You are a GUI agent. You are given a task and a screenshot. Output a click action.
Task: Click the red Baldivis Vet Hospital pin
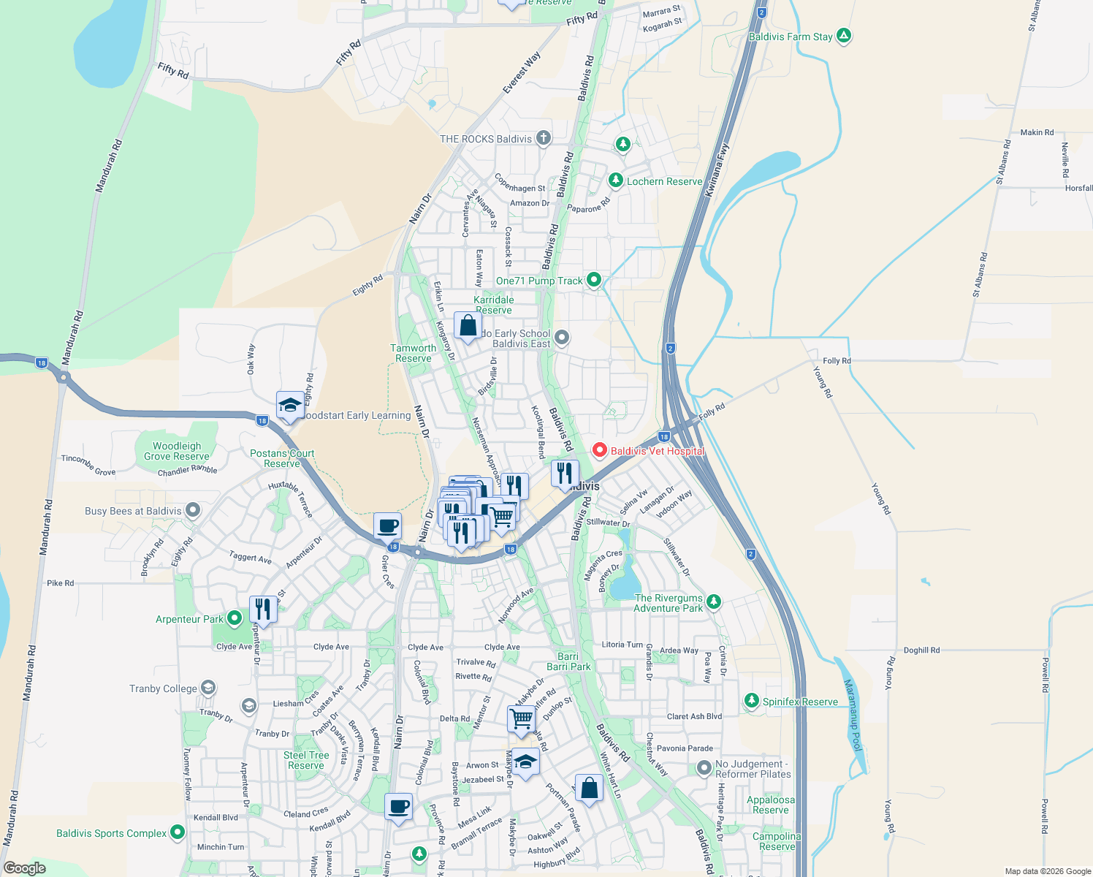tap(599, 450)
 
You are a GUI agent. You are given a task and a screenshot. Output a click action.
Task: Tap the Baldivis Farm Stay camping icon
tap(844, 36)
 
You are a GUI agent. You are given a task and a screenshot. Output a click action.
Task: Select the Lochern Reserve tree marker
tap(616, 181)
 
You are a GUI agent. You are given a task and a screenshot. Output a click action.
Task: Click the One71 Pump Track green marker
tap(594, 279)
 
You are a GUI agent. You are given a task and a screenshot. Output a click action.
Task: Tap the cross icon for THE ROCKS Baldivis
tap(543, 138)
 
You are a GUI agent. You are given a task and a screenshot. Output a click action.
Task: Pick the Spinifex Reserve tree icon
tap(752, 701)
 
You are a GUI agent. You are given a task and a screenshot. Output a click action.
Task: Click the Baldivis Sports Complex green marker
tap(178, 832)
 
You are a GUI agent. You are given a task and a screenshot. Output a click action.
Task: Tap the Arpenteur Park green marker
tap(234, 618)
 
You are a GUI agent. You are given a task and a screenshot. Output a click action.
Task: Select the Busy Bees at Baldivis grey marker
tap(193, 510)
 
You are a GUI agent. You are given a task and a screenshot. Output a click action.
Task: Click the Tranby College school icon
tap(208, 688)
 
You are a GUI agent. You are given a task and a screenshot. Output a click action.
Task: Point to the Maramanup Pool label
tap(853, 715)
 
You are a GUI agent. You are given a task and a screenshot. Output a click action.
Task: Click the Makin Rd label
tap(1037, 132)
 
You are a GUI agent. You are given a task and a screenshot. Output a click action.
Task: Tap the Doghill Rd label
tap(921, 650)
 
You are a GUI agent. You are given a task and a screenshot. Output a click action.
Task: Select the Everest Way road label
tap(522, 72)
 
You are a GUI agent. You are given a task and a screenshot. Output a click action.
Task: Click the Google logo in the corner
tap(24, 868)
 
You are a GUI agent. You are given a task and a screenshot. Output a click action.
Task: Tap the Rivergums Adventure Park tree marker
tap(714, 602)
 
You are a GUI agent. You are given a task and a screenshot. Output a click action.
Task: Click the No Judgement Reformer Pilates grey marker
tap(704, 768)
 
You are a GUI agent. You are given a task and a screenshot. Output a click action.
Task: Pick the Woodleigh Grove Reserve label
tap(176, 451)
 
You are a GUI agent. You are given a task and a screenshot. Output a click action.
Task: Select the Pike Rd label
tap(60, 583)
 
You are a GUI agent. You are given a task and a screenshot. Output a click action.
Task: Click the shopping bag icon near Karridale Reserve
tap(468, 326)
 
